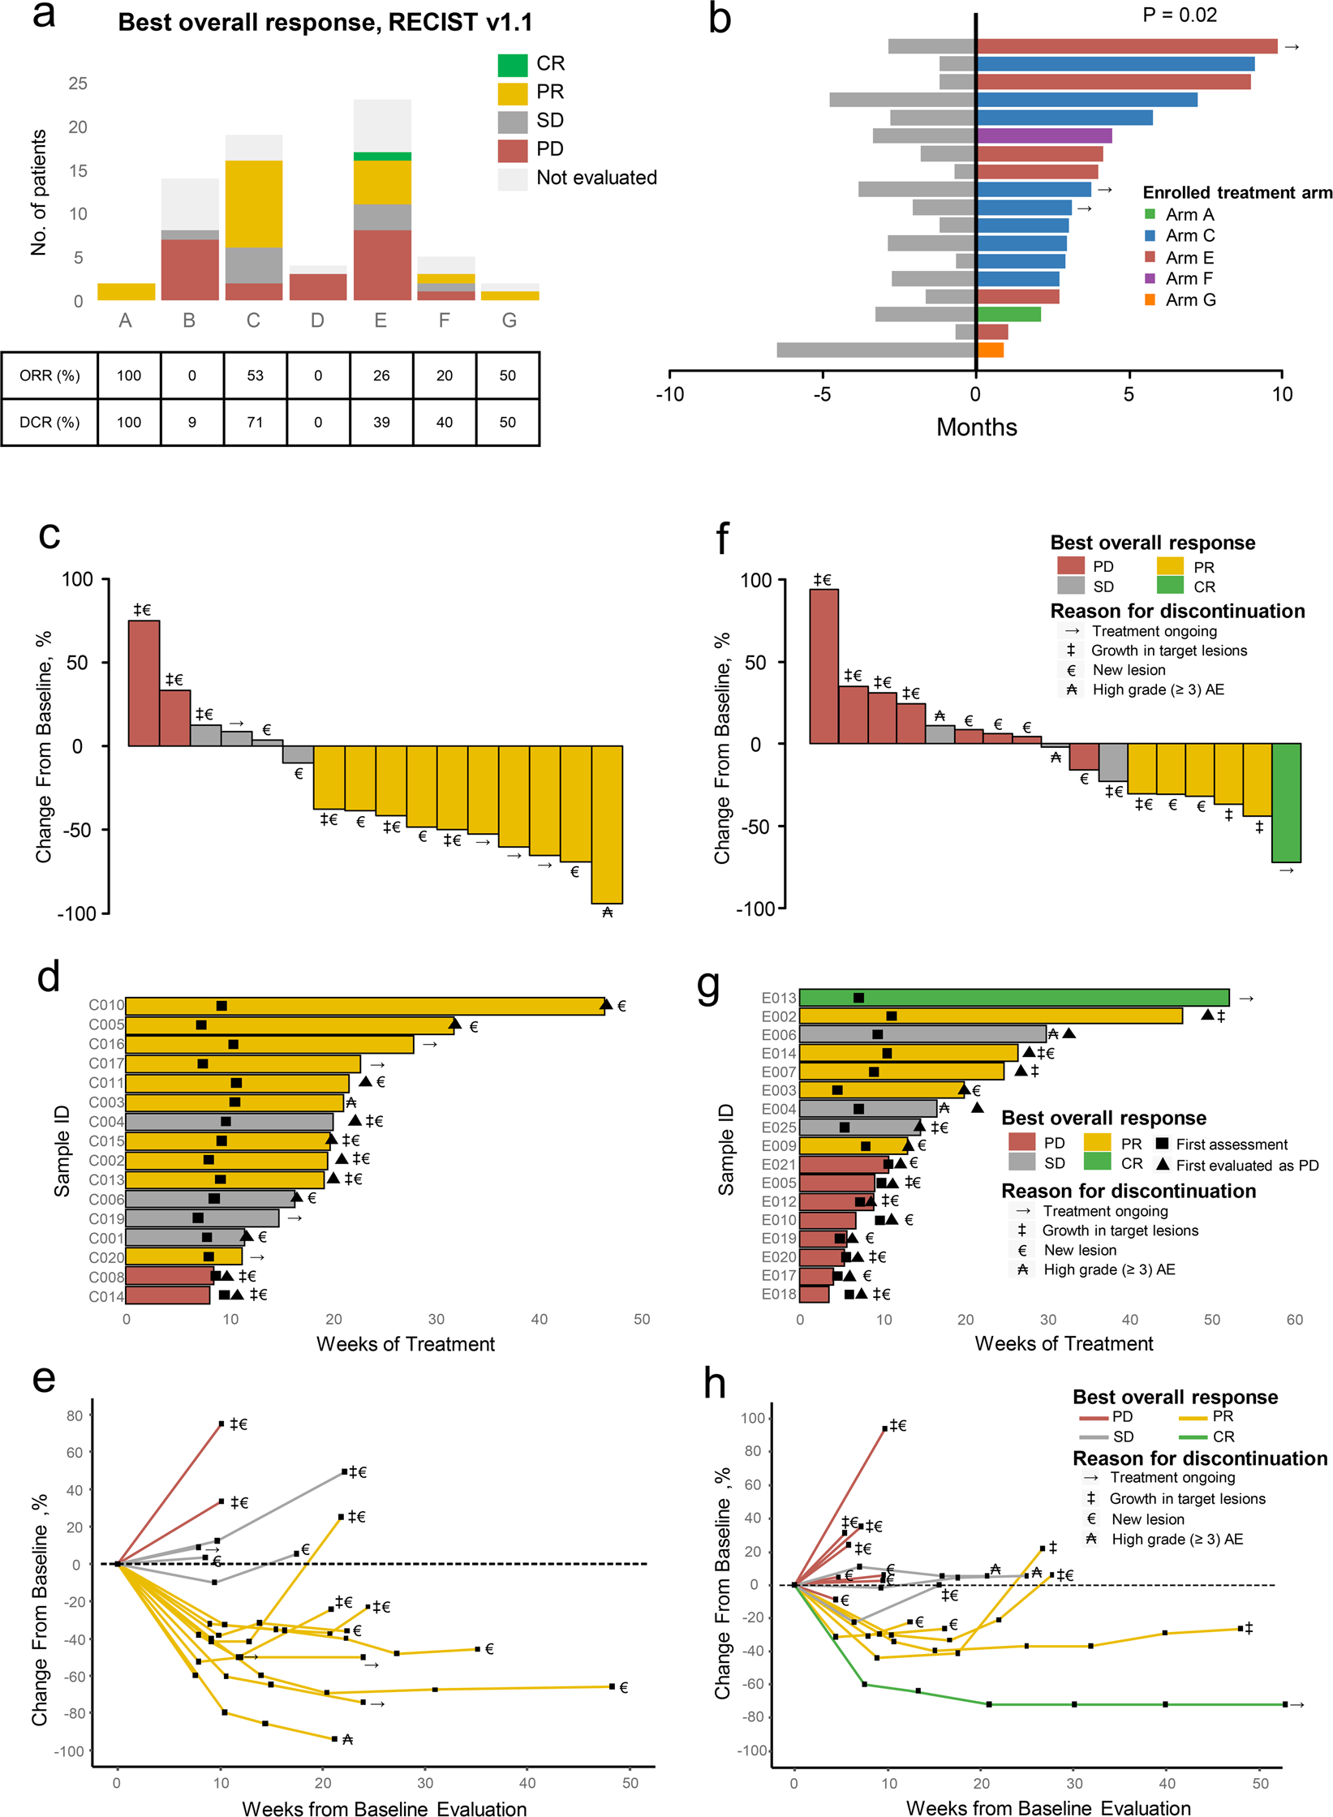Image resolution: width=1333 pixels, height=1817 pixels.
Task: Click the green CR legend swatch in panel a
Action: pyautogui.click(x=512, y=64)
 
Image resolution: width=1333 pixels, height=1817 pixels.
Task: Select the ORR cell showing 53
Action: pyautogui.click(x=255, y=376)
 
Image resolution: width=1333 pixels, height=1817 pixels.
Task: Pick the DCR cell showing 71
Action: pyautogui.click(x=255, y=422)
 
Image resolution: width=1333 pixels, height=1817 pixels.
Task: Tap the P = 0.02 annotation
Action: pyautogui.click(x=1179, y=15)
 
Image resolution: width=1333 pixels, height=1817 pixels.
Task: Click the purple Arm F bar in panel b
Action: pyautogui.click(x=1043, y=135)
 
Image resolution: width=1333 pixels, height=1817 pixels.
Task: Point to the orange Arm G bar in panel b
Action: pyautogui.click(x=990, y=350)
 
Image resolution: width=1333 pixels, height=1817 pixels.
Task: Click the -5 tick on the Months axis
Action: pyautogui.click(x=822, y=394)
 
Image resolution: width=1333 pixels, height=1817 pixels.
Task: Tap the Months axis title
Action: pyautogui.click(x=976, y=427)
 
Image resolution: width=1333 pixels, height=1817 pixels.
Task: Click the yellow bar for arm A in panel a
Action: pyautogui.click(x=126, y=292)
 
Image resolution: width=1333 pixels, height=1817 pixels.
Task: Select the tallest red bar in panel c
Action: pyautogui.click(x=144, y=683)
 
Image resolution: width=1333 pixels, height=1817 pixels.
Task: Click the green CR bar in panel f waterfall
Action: pyautogui.click(x=1286, y=802)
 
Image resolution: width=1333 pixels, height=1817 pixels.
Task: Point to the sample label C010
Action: pyautogui.click(x=106, y=1006)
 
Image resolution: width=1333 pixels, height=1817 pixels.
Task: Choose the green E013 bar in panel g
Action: pyautogui.click(x=1013, y=998)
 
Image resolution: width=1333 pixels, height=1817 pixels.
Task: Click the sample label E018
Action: pyautogui.click(x=778, y=1294)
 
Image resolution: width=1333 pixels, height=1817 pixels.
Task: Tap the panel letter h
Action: pyautogui.click(x=714, y=1384)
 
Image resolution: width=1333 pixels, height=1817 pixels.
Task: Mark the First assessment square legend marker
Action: pyautogui.click(x=1162, y=1144)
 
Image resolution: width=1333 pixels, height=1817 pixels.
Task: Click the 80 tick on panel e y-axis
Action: pyautogui.click(x=75, y=1415)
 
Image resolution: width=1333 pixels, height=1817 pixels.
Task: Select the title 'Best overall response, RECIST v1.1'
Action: pyautogui.click(x=325, y=22)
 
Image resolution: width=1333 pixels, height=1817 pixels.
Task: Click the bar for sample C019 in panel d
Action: pyautogui.click(x=202, y=1218)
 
